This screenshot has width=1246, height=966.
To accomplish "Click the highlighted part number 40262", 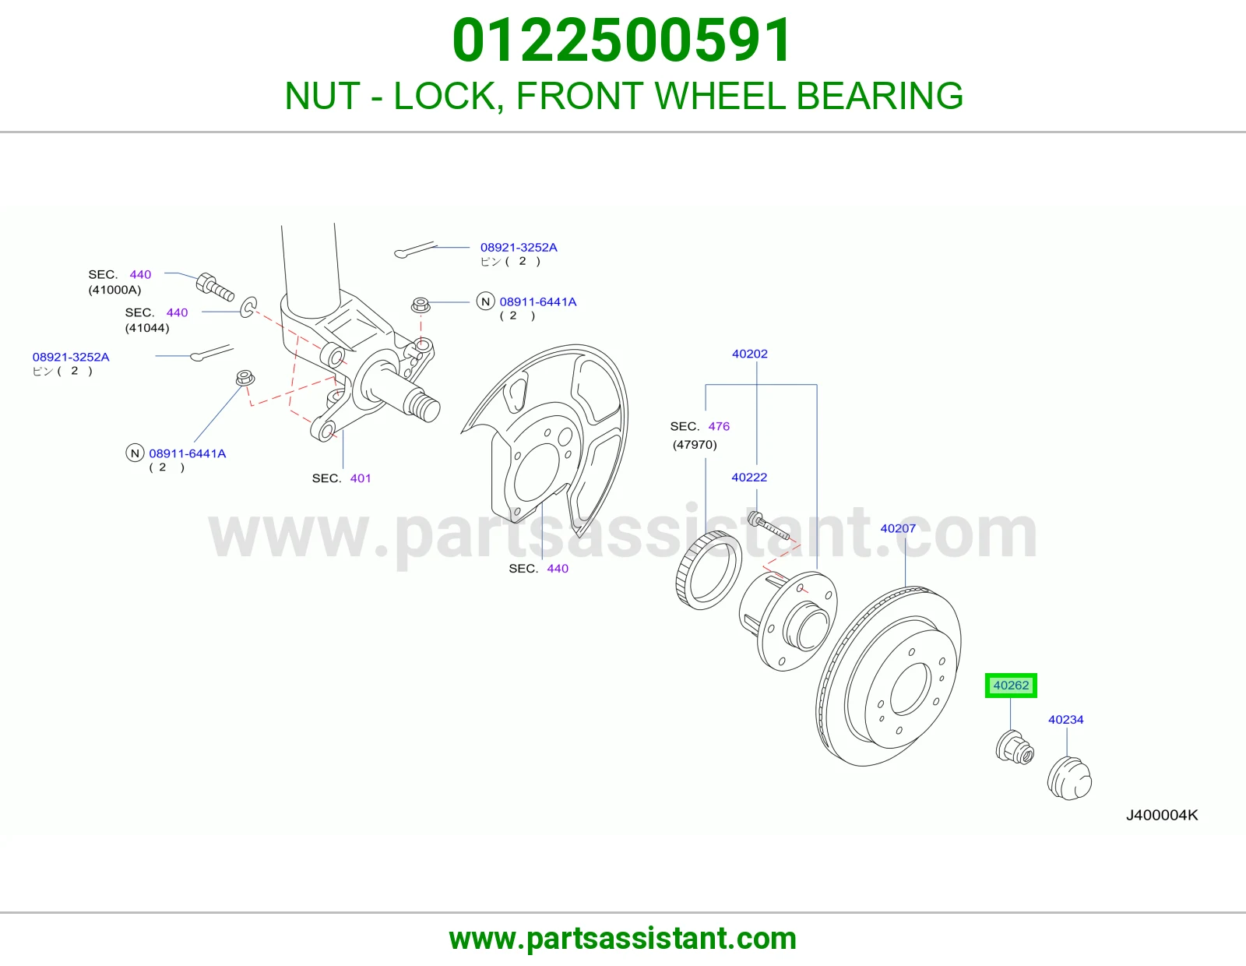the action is (1011, 686).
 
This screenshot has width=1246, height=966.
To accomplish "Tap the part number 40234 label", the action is (1066, 719).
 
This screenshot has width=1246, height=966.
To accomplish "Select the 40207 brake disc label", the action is (898, 528).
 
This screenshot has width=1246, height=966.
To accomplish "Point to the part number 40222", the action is (749, 478).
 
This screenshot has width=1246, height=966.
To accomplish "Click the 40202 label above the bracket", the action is (749, 354).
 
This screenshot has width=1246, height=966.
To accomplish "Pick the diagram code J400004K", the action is (1162, 815).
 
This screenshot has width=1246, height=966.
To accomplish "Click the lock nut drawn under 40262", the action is (1015, 747).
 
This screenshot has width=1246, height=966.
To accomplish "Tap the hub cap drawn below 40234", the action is (1069, 778).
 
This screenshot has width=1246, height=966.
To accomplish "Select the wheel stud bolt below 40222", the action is (769, 526).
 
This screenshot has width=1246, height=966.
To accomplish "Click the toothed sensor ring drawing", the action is (708, 570).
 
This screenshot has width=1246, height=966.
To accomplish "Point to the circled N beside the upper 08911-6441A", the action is (486, 301).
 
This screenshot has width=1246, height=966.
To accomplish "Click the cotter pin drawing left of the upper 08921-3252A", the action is (415, 249).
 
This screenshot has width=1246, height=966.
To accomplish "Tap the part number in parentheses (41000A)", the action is (114, 290).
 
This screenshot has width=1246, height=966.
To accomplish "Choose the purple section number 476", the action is (719, 426).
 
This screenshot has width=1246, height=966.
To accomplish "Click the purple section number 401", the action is (361, 478).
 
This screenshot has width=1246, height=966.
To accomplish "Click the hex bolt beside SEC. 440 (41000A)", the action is (214, 287).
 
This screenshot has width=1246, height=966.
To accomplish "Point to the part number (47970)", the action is (695, 445).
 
